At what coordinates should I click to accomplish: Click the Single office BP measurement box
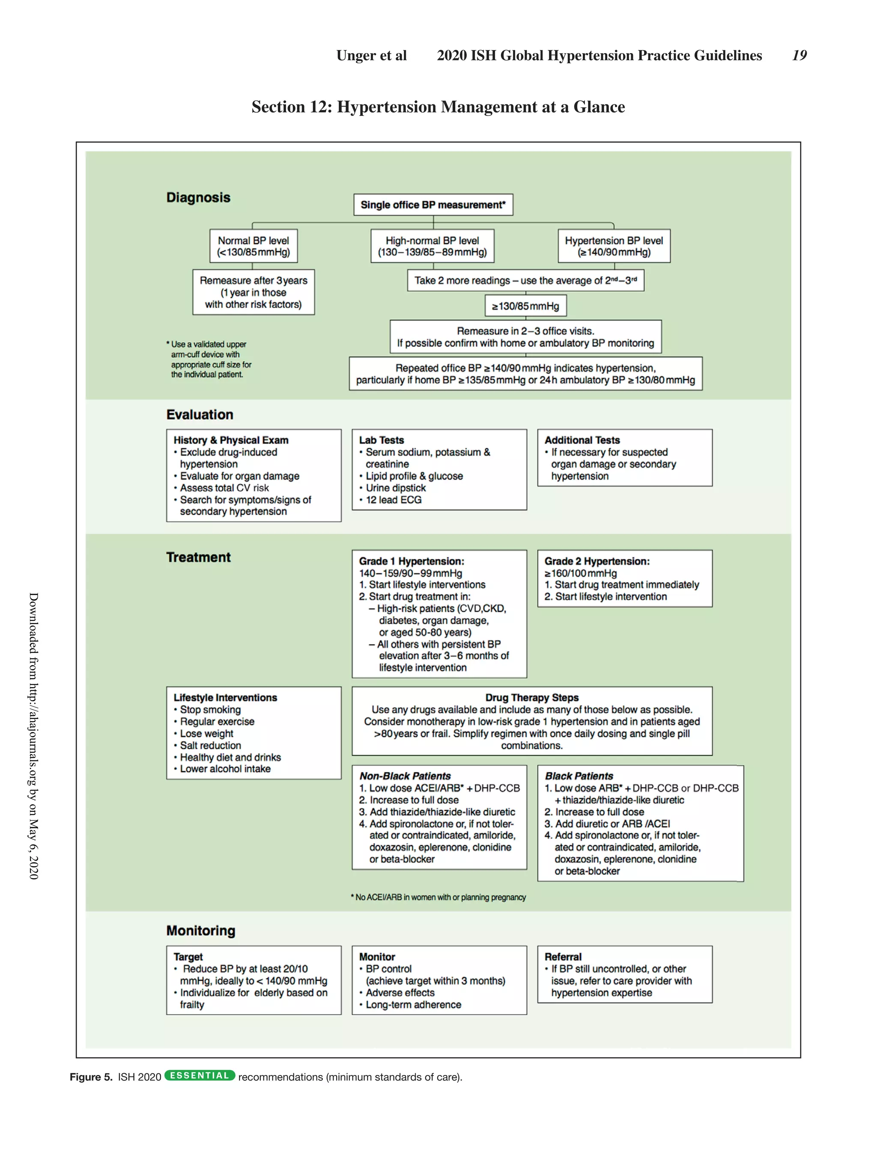433,205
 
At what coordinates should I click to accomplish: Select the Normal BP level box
253,246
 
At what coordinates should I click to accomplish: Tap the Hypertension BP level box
613,246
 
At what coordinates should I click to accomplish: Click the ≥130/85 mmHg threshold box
525,306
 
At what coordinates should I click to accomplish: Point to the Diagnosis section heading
198,197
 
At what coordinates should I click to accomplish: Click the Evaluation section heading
200,415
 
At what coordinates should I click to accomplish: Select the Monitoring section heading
200,931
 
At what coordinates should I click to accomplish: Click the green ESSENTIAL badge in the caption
200,1075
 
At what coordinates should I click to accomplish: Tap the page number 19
799,55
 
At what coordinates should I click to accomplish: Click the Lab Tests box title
382,440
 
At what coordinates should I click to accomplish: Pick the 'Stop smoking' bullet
210,710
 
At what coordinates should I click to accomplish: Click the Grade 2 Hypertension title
597,561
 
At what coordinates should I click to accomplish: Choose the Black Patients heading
579,776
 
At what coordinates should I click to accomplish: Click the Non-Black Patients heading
405,776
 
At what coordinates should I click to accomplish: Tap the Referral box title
563,956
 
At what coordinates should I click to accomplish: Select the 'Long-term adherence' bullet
413,1004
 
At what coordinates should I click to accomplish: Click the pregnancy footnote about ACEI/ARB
438,897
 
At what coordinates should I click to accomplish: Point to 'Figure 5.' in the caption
91,1077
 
